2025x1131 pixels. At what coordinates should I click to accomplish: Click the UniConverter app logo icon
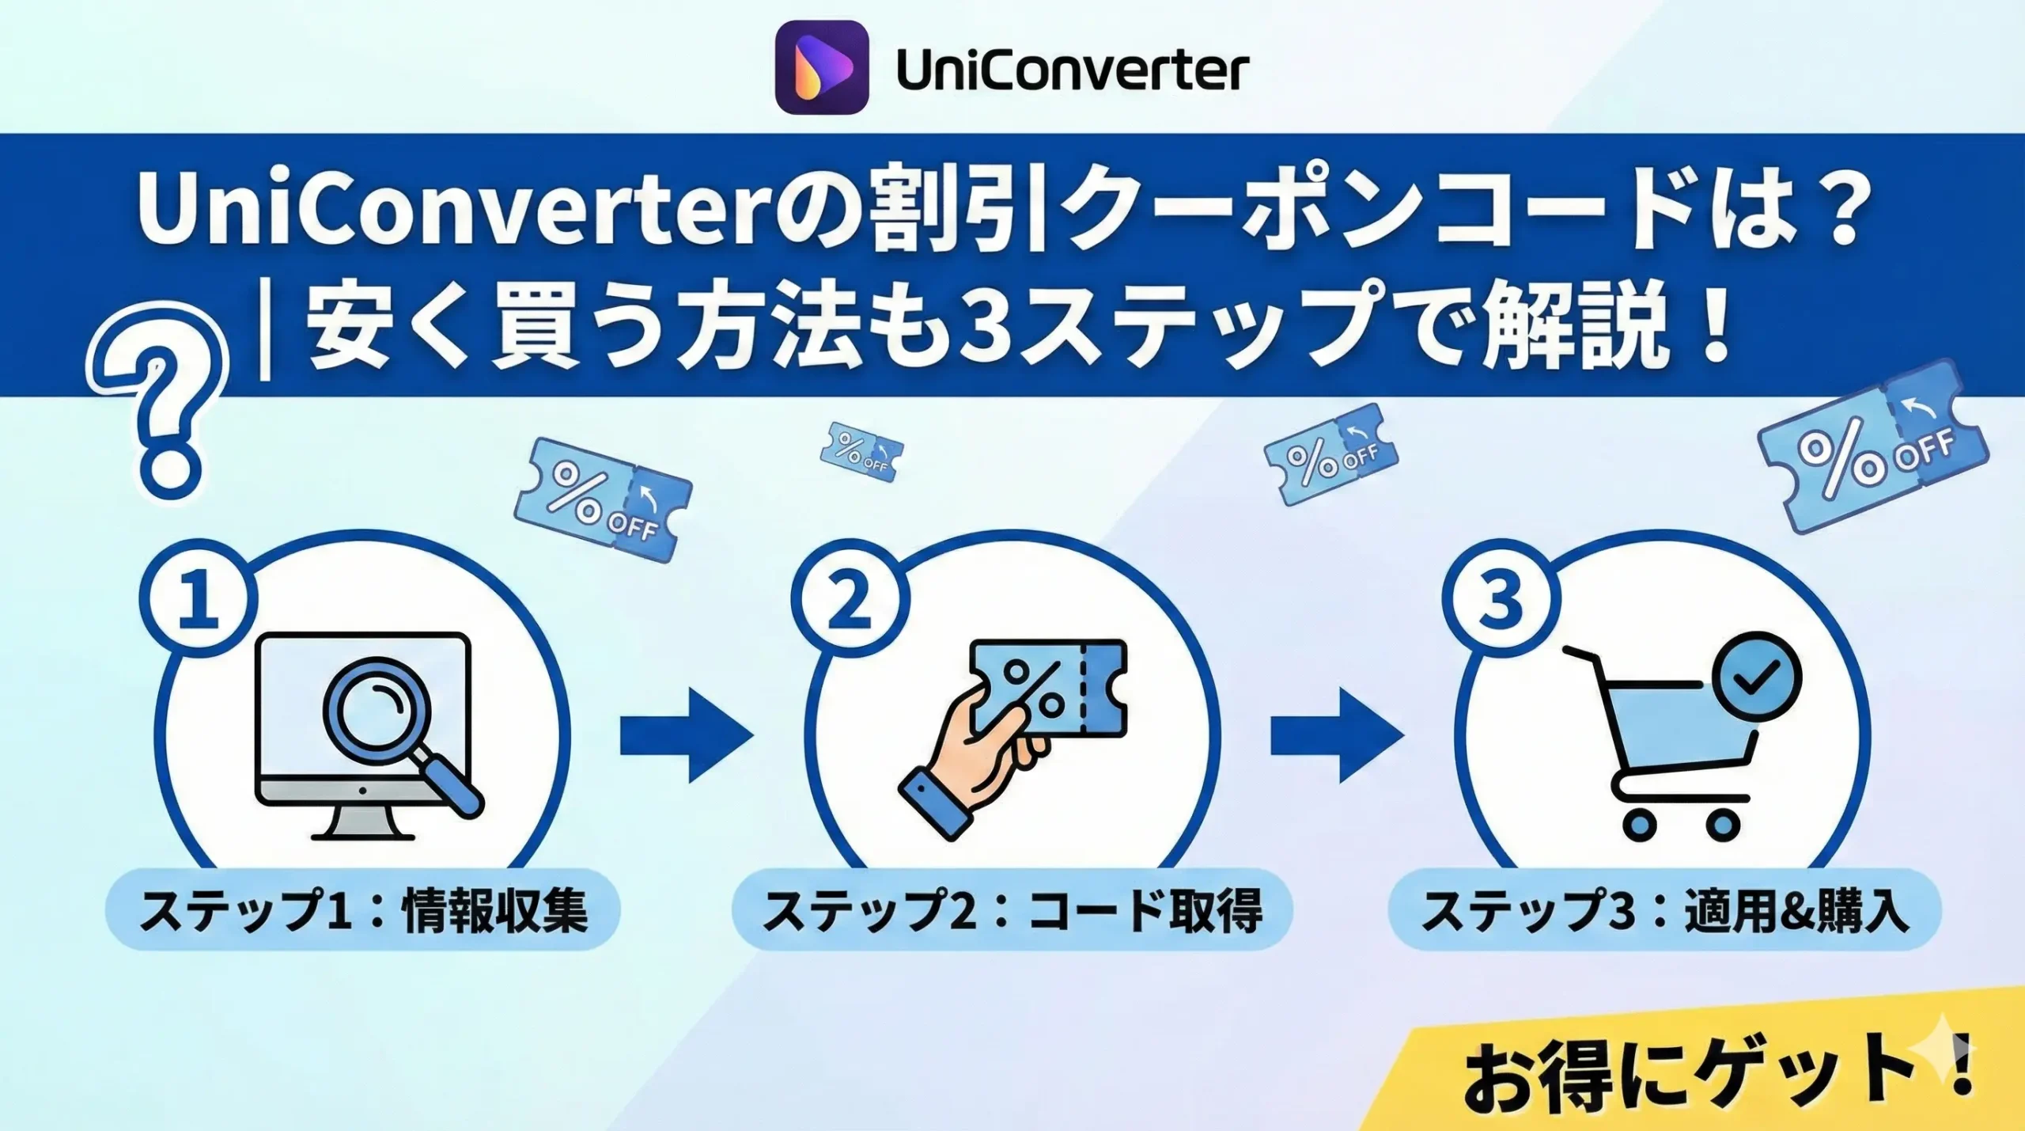[x=822, y=67]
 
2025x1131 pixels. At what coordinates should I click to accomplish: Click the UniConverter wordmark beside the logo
[x=1073, y=71]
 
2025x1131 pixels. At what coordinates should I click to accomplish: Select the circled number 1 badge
[x=199, y=600]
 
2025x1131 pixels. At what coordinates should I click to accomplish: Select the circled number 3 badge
[x=1500, y=600]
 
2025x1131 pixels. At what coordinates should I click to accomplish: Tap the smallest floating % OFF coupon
[x=861, y=452]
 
